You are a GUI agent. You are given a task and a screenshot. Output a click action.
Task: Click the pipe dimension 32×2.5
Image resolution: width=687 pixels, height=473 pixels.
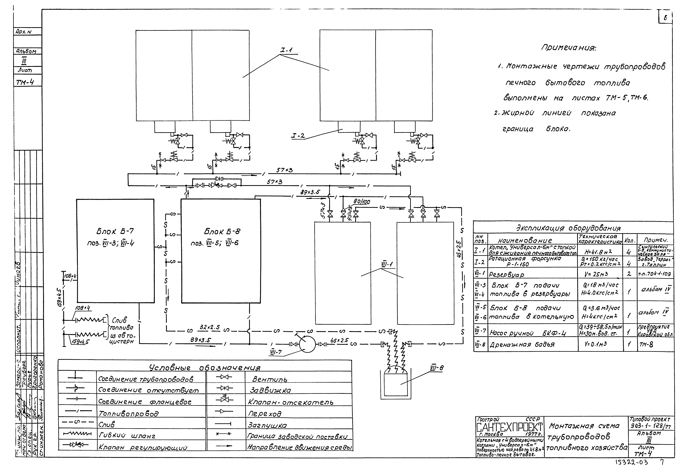(x=210, y=327)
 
